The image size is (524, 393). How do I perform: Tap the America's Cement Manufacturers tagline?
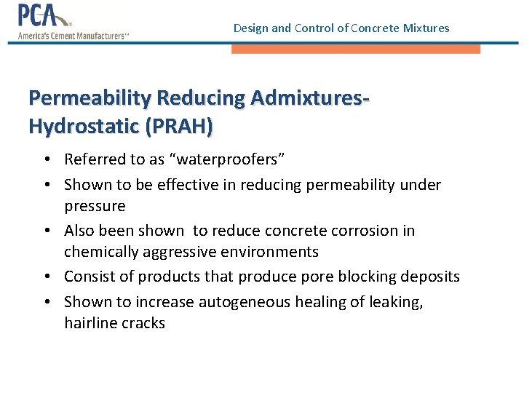click(73, 35)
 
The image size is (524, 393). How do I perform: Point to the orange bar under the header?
click(356, 49)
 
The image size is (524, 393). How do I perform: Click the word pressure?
click(95, 206)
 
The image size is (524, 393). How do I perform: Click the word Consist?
click(89, 277)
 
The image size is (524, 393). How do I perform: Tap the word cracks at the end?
click(143, 323)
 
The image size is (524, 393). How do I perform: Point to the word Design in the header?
click(251, 28)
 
